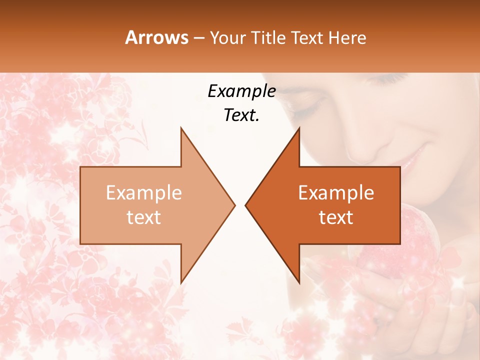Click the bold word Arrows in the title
point(156,37)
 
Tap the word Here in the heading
point(347,37)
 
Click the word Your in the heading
point(227,38)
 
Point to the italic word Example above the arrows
point(241,91)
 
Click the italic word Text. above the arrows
point(241,115)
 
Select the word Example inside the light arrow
point(144,192)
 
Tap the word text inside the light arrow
point(144,217)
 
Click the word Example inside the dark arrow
point(336,192)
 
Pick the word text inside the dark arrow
point(336,217)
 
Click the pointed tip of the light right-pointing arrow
point(234,205)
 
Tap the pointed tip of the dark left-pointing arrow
point(246,205)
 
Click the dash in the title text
point(198,38)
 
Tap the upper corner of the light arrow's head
point(181,128)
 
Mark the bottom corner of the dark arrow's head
point(299,283)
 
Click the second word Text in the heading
point(308,37)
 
